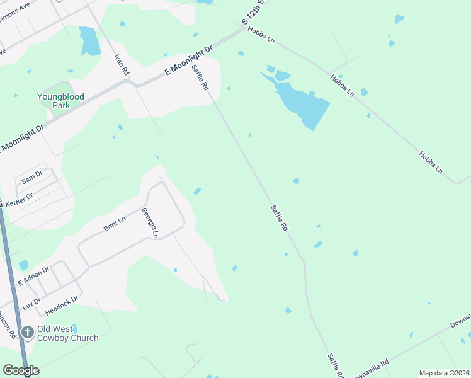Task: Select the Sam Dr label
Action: pyautogui.click(x=32, y=176)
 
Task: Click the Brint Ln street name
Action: pyautogui.click(x=115, y=223)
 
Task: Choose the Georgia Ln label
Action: pyautogui.click(x=149, y=223)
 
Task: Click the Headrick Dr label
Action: pyautogui.click(x=62, y=306)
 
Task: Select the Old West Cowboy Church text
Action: pyautogui.click(x=68, y=333)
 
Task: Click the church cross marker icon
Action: pyautogui.click(x=27, y=332)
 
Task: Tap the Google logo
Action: pyautogui.click(x=21, y=370)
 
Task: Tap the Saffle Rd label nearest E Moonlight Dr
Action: pyautogui.click(x=200, y=77)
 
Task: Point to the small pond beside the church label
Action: pyautogui.click(x=74, y=328)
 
